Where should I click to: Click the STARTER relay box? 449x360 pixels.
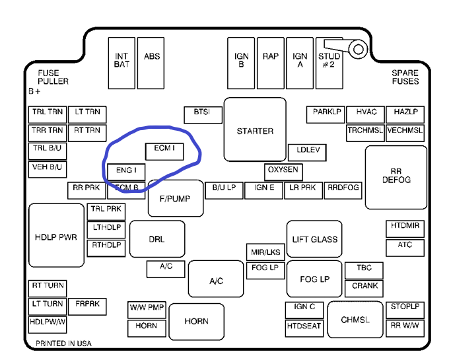pyautogui.click(x=255, y=130)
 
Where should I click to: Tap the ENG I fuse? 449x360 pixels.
pyautogui.click(x=126, y=170)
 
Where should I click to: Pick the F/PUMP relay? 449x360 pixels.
pyautogui.click(x=175, y=198)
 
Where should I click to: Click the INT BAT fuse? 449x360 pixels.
pyautogui.click(x=121, y=61)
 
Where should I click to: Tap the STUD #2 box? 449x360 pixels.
pyautogui.click(x=329, y=61)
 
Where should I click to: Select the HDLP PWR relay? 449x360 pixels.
pyautogui.click(x=56, y=236)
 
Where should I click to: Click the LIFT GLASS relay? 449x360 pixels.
pyautogui.click(x=315, y=239)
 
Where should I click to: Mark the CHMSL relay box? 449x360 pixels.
pyautogui.click(x=355, y=320)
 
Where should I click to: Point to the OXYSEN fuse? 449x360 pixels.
pyautogui.click(x=283, y=170)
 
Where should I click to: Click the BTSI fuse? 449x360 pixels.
pyautogui.click(x=202, y=113)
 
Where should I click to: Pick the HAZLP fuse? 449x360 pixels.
pyautogui.click(x=405, y=113)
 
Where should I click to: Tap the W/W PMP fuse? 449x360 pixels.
pyautogui.click(x=147, y=308)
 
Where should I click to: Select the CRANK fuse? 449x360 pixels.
pyautogui.click(x=365, y=287)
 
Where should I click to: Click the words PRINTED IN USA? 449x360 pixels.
pyautogui.click(x=63, y=343)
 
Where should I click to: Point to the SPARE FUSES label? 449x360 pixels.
pyautogui.click(x=405, y=77)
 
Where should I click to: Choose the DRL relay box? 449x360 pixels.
pyautogui.click(x=156, y=238)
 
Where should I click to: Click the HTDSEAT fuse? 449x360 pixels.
pyautogui.click(x=304, y=326)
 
